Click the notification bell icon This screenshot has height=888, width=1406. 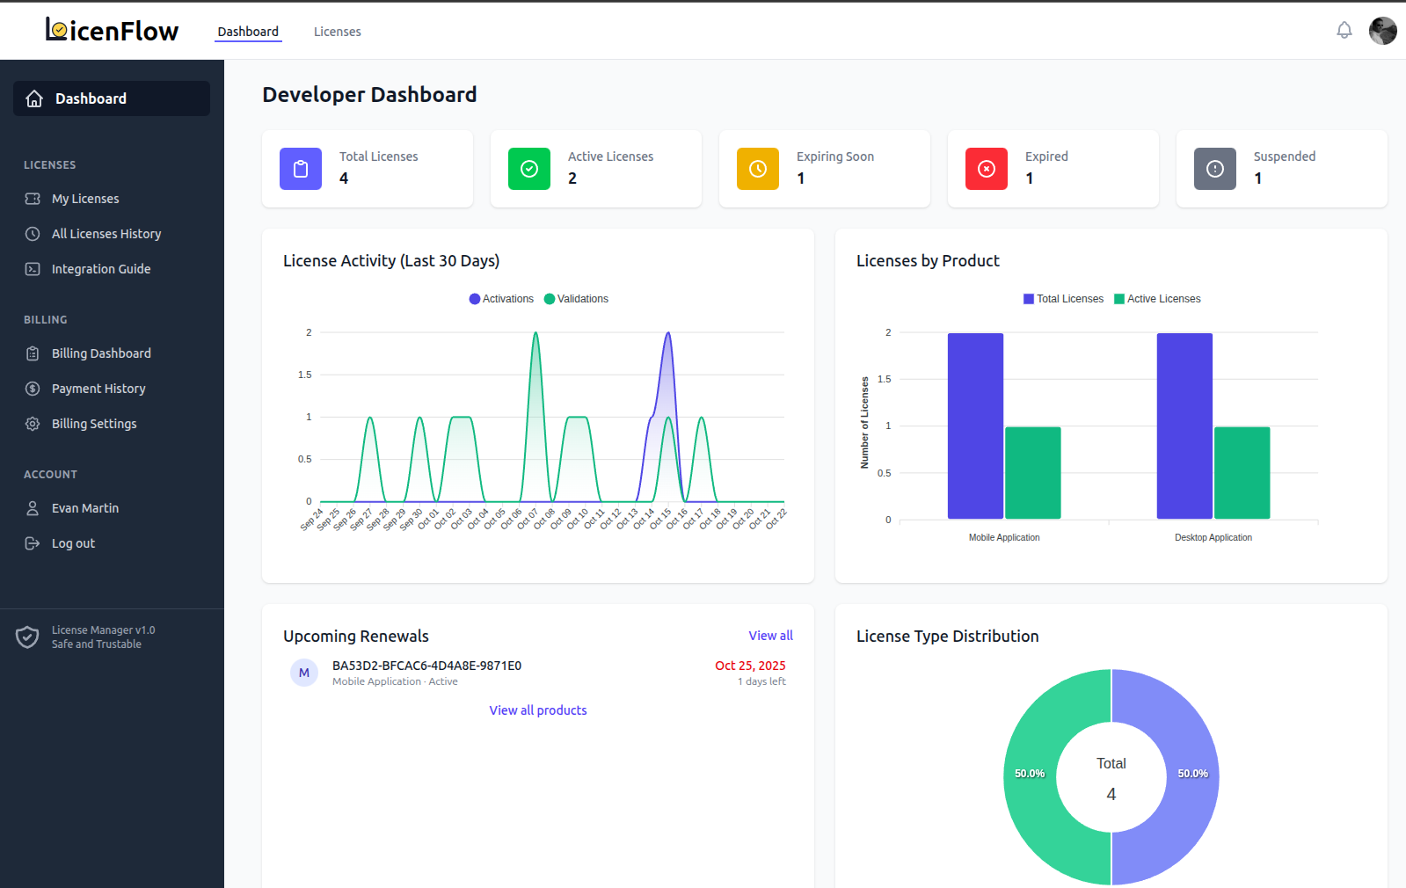(x=1344, y=31)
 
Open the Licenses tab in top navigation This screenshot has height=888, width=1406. (x=337, y=32)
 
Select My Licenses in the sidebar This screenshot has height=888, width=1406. (x=84, y=199)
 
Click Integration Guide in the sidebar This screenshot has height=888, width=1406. (x=100, y=269)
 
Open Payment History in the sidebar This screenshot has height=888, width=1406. (x=98, y=389)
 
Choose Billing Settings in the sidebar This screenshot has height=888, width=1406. (x=93, y=424)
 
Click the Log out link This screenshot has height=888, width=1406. (x=72, y=543)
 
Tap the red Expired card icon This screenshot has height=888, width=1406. (x=986, y=169)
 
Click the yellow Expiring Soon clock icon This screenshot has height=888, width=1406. (x=757, y=169)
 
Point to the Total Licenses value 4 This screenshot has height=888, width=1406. (x=344, y=178)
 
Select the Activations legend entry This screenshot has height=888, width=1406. (x=501, y=299)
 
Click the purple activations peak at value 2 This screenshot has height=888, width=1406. (x=668, y=333)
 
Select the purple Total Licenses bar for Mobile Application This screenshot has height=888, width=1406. (x=975, y=426)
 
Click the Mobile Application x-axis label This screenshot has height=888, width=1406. (x=1003, y=537)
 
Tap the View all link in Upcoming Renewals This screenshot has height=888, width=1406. (x=770, y=636)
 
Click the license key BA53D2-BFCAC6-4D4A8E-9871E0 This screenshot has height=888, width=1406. (x=426, y=666)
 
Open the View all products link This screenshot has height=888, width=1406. (x=537, y=710)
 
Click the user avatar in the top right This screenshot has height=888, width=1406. (x=1382, y=31)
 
